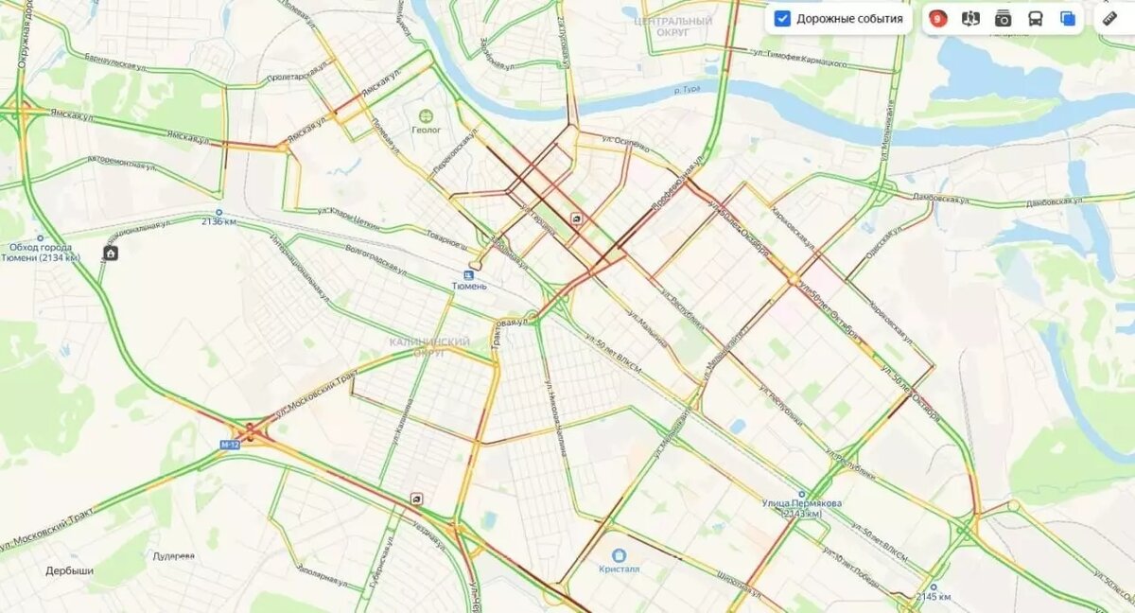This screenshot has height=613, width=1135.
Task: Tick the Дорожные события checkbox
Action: [782, 19]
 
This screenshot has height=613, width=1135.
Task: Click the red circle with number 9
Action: [936, 19]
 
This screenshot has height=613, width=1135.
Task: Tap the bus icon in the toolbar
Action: [1035, 19]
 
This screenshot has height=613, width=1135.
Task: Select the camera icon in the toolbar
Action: [1003, 19]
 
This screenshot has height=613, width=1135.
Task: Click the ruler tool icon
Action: [1110, 19]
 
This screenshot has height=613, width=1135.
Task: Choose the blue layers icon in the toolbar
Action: [1068, 19]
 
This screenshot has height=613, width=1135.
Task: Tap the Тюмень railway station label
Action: [469, 285]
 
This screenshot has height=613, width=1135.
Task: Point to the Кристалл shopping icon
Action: [620, 555]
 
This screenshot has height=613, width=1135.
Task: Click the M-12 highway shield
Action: [229, 444]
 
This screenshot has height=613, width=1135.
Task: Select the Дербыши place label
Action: [69, 571]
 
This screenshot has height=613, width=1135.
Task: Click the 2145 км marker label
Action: [933, 597]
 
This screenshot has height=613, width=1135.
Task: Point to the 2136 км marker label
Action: [218, 221]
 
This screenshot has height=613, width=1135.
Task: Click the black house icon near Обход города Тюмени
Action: [111, 253]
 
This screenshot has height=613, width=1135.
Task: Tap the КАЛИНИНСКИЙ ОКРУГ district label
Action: [429, 346]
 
